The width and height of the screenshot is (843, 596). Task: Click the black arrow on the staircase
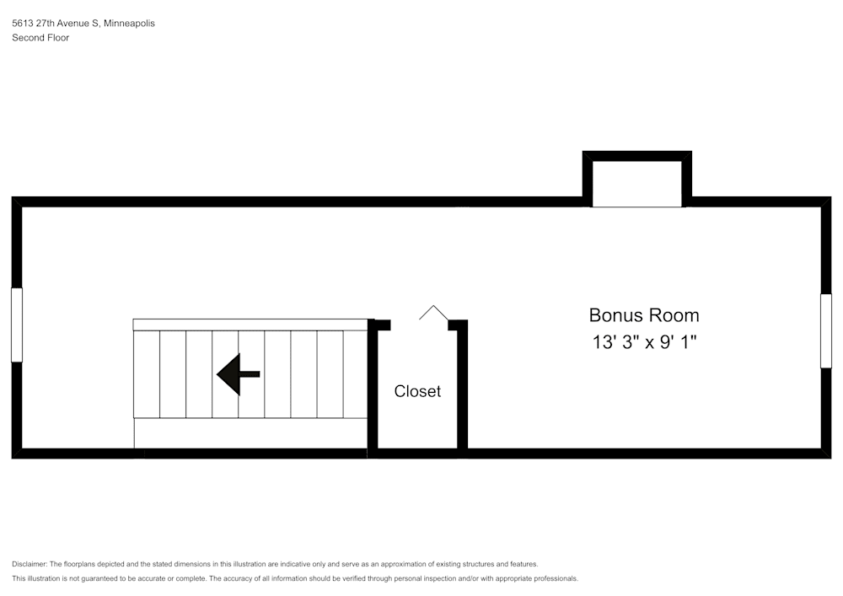tap(238, 374)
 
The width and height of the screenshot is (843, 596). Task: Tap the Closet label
tap(417, 391)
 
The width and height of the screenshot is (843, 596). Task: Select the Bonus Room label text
tap(644, 315)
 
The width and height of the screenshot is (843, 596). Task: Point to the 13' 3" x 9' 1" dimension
tap(644, 341)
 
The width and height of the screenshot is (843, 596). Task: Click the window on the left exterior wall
tap(17, 325)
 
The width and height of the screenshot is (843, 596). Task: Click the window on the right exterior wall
tap(826, 330)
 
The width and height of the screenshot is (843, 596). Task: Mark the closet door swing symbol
tap(433, 313)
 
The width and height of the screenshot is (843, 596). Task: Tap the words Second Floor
tap(40, 38)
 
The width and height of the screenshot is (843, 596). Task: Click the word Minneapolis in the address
tap(129, 23)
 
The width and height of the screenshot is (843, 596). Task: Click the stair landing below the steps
tap(250, 433)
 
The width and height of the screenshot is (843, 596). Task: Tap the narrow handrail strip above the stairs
tap(250, 325)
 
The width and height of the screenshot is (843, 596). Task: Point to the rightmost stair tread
tap(356, 374)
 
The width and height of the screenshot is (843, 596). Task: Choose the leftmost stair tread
tap(146, 374)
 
